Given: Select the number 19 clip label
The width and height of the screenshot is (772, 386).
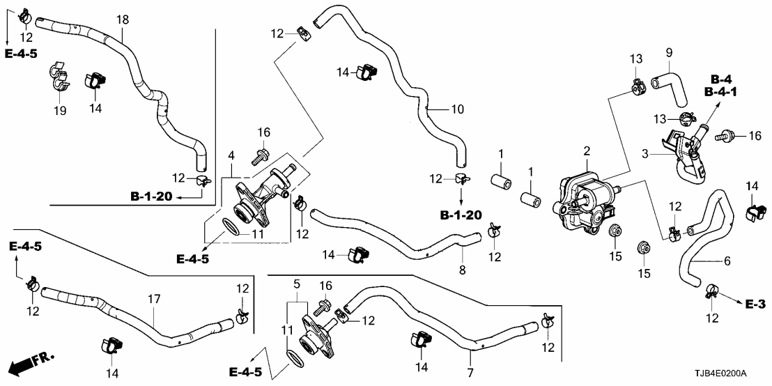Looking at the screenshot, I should point(60,111).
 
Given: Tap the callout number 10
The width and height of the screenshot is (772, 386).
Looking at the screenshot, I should point(457,109).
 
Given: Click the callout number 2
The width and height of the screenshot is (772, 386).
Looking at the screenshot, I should point(587,151).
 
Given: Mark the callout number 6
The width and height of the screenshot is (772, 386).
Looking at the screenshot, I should point(727,261).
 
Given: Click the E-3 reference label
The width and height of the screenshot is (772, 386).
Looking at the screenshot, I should point(755,304).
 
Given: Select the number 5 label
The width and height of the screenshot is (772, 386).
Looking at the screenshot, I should point(296,284).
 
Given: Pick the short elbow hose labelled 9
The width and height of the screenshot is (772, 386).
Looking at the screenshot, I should point(668,81).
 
